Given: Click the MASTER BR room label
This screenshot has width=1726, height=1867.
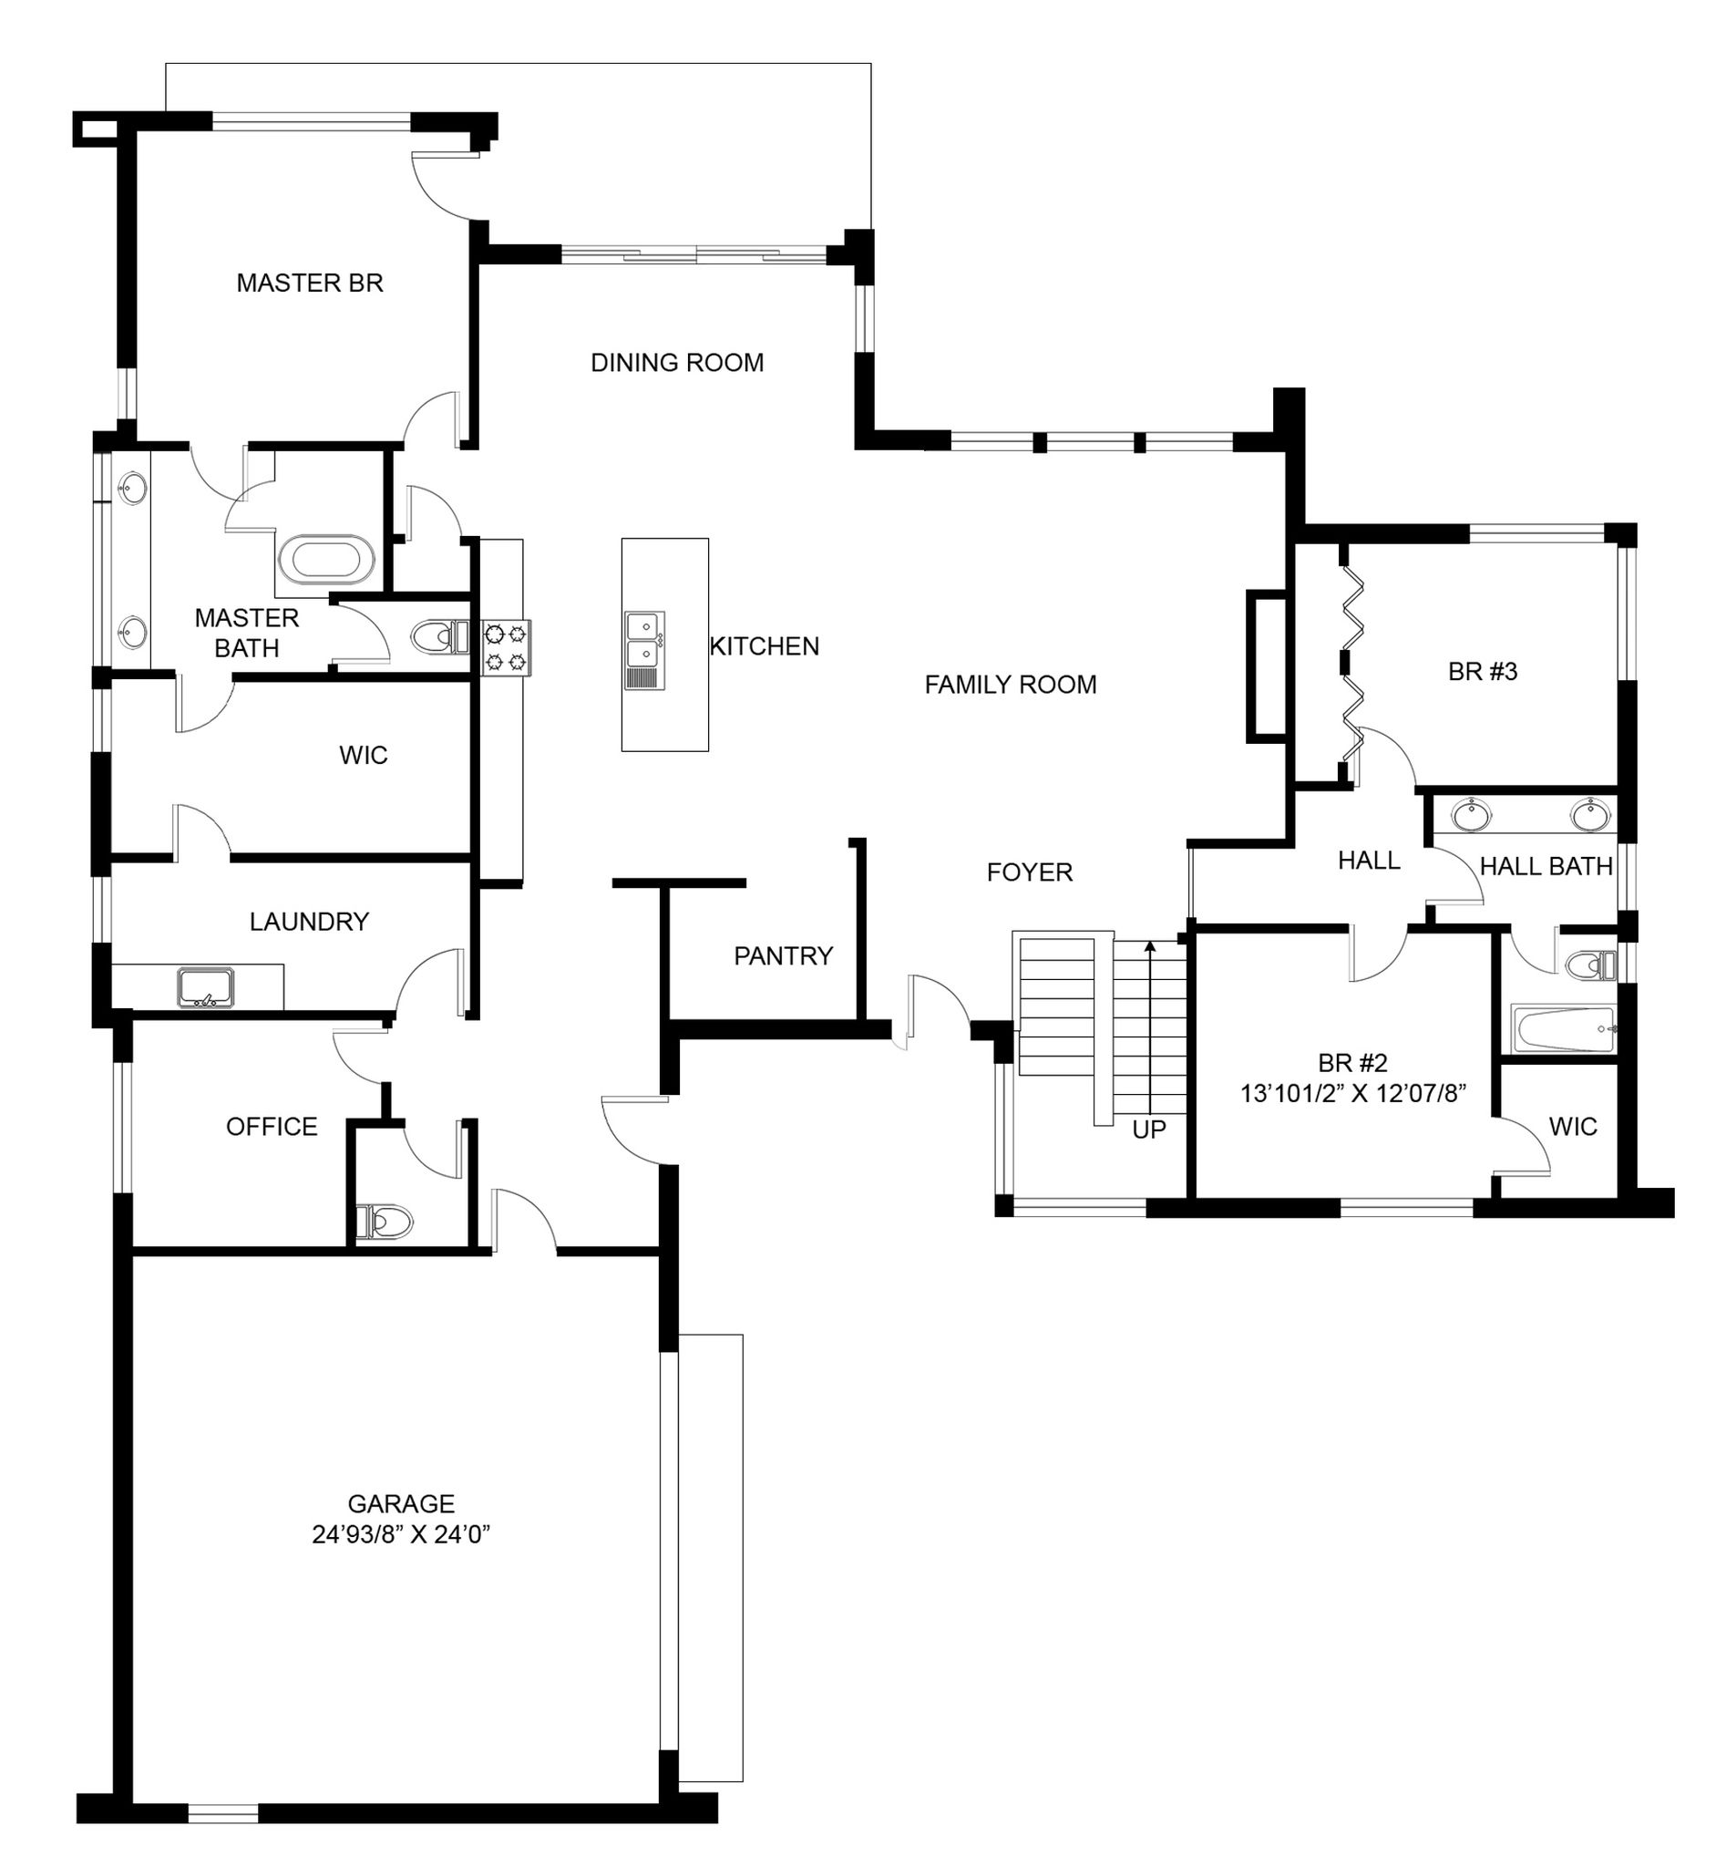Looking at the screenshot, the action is (x=310, y=284).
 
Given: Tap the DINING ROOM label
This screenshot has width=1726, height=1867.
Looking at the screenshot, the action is (x=677, y=363).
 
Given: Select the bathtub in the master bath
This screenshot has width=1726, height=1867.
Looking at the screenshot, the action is (x=327, y=561).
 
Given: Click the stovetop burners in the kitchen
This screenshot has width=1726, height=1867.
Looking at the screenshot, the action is (x=506, y=647).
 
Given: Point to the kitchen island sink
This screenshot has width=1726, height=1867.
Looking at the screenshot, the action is (x=644, y=650).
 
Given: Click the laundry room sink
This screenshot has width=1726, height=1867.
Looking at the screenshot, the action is (x=205, y=987).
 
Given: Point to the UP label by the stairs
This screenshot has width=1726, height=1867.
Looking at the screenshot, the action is (x=1149, y=1129).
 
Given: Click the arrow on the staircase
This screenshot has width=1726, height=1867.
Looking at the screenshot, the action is (x=1150, y=1028).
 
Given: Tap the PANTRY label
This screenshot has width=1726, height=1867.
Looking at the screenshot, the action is (x=783, y=956).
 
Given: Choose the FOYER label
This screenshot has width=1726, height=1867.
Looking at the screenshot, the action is (x=1029, y=872).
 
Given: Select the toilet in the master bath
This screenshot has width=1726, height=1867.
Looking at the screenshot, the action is (x=440, y=638).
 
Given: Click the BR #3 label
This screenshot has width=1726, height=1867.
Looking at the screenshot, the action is (x=1484, y=671).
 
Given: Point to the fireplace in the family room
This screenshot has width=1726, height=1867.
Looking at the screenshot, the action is (x=1267, y=666).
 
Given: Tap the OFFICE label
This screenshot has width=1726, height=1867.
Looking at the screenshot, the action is (x=272, y=1127).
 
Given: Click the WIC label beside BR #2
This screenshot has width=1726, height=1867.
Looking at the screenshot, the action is (x=1573, y=1127).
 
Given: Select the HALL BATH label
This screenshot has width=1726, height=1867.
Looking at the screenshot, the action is (x=1546, y=867).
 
